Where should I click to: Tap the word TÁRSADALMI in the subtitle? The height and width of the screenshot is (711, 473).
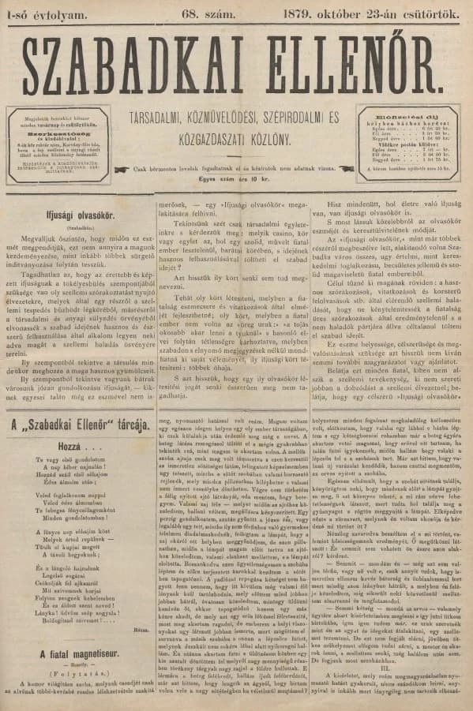pos(165,118)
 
